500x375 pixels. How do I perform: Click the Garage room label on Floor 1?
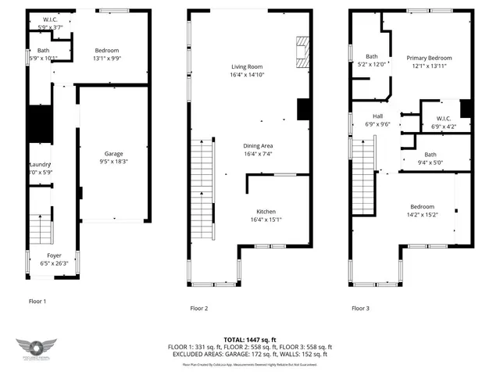click(x=114, y=154)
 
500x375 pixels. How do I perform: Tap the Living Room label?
click(x=246, y=67)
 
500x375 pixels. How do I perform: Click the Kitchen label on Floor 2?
click(x=266, y=212)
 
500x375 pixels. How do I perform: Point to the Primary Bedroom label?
click(x=428, y=58)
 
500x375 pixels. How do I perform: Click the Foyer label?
click(x=54, y=255)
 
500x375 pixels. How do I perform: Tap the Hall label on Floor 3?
click(x=377, y=116)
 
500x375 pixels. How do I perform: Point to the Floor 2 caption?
click(x=199, y=309)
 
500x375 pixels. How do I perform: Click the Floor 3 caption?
click(x=360, y=309)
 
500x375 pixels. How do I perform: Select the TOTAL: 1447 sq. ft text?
click(x=250, y=339)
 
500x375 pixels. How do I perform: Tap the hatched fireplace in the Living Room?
click(x=302, y=51)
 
